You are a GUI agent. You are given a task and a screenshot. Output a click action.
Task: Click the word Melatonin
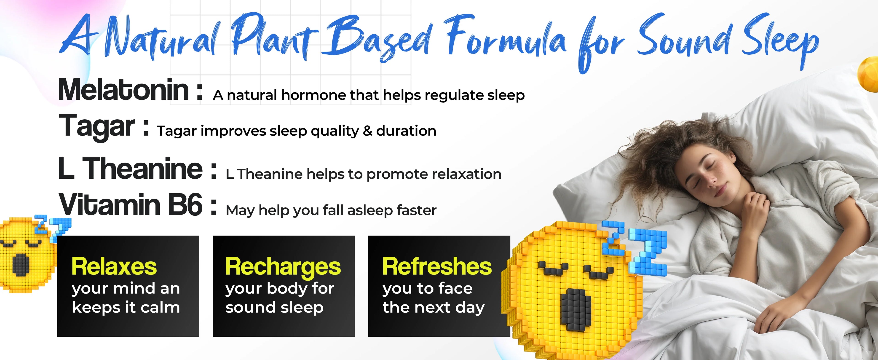point(123,89)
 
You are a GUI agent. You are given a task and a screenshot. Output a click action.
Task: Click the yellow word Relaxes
point(114,267)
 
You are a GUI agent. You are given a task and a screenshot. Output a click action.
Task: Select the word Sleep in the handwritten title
point(781,41)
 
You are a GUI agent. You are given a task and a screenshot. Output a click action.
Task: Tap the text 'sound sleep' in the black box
point(274,307)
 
